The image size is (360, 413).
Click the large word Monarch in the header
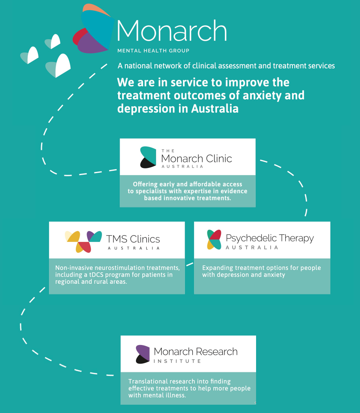172,30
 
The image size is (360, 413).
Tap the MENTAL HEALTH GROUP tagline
153,51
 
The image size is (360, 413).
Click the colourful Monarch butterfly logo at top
94,28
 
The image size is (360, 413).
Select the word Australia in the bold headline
215,109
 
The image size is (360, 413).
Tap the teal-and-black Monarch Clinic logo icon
148,157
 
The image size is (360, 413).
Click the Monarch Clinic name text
196,158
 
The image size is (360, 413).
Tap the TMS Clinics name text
133,239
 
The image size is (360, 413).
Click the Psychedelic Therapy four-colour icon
214,240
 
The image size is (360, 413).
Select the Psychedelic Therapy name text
270,238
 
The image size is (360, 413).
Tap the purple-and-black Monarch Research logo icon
143,354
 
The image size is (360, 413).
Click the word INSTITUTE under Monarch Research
177,361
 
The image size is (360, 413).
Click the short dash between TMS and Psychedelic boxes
190,264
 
